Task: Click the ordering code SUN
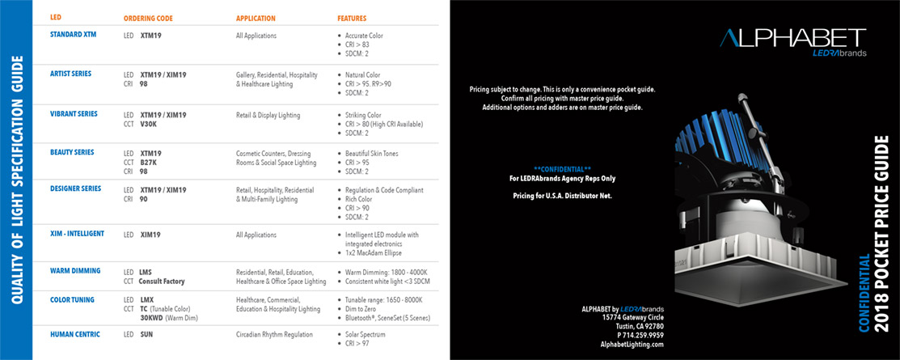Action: click(146, 333)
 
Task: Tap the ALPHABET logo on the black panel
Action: click(792, 38)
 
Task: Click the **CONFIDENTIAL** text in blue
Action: click(562, 168)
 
